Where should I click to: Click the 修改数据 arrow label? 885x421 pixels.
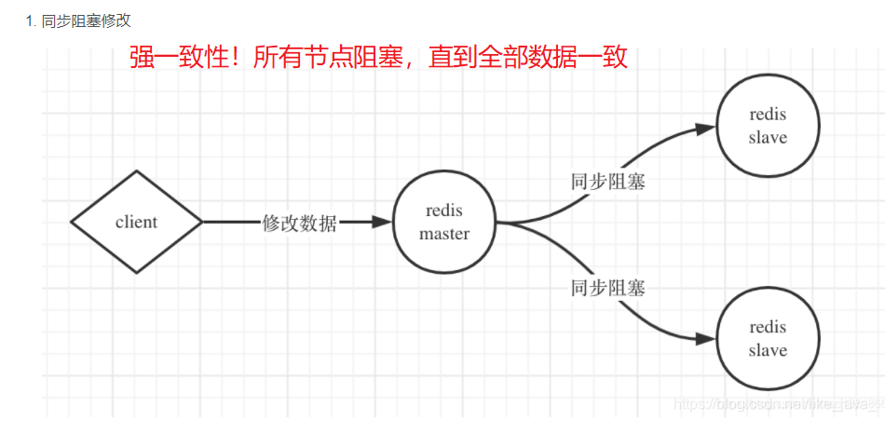pos(300,223)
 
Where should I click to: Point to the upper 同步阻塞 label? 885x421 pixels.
pos(607,182)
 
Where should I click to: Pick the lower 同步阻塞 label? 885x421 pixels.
pos(607,288)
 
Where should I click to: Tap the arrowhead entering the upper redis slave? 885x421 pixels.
pos(706,130)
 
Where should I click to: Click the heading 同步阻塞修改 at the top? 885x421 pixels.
pos(87,20)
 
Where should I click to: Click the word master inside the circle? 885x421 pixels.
pos(444,234)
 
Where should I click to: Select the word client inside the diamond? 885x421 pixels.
pos(137,223)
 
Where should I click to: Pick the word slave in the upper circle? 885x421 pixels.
pos(768,138)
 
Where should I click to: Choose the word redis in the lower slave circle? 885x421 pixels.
pos(768,327)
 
